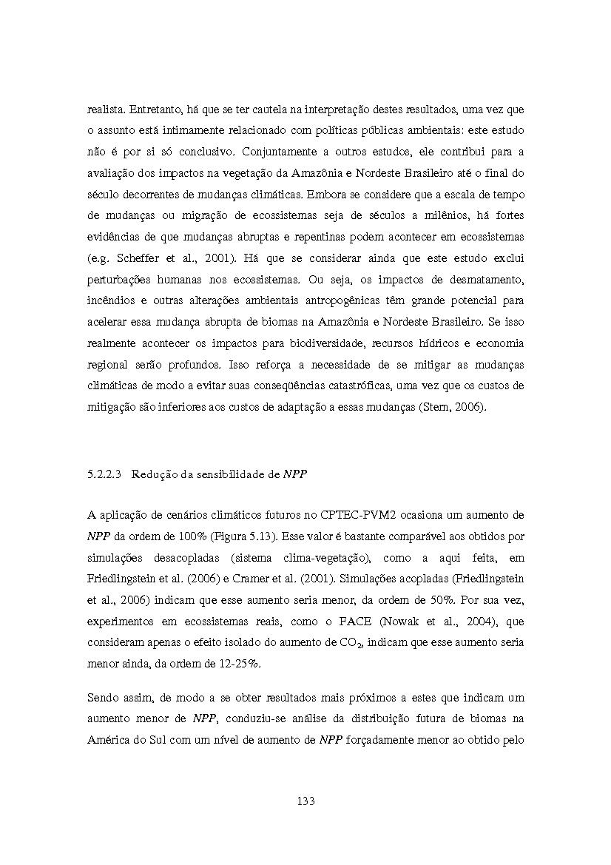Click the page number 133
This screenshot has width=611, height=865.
tap(305, 801)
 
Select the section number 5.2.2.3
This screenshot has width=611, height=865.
tap(104, 474)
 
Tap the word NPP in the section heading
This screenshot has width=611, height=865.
tap(295, 474)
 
